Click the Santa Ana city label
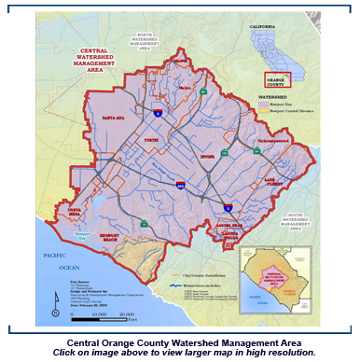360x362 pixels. pos(113,118)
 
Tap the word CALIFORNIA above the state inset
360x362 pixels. pos(273,28)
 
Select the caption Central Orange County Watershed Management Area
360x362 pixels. pos(180,342)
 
